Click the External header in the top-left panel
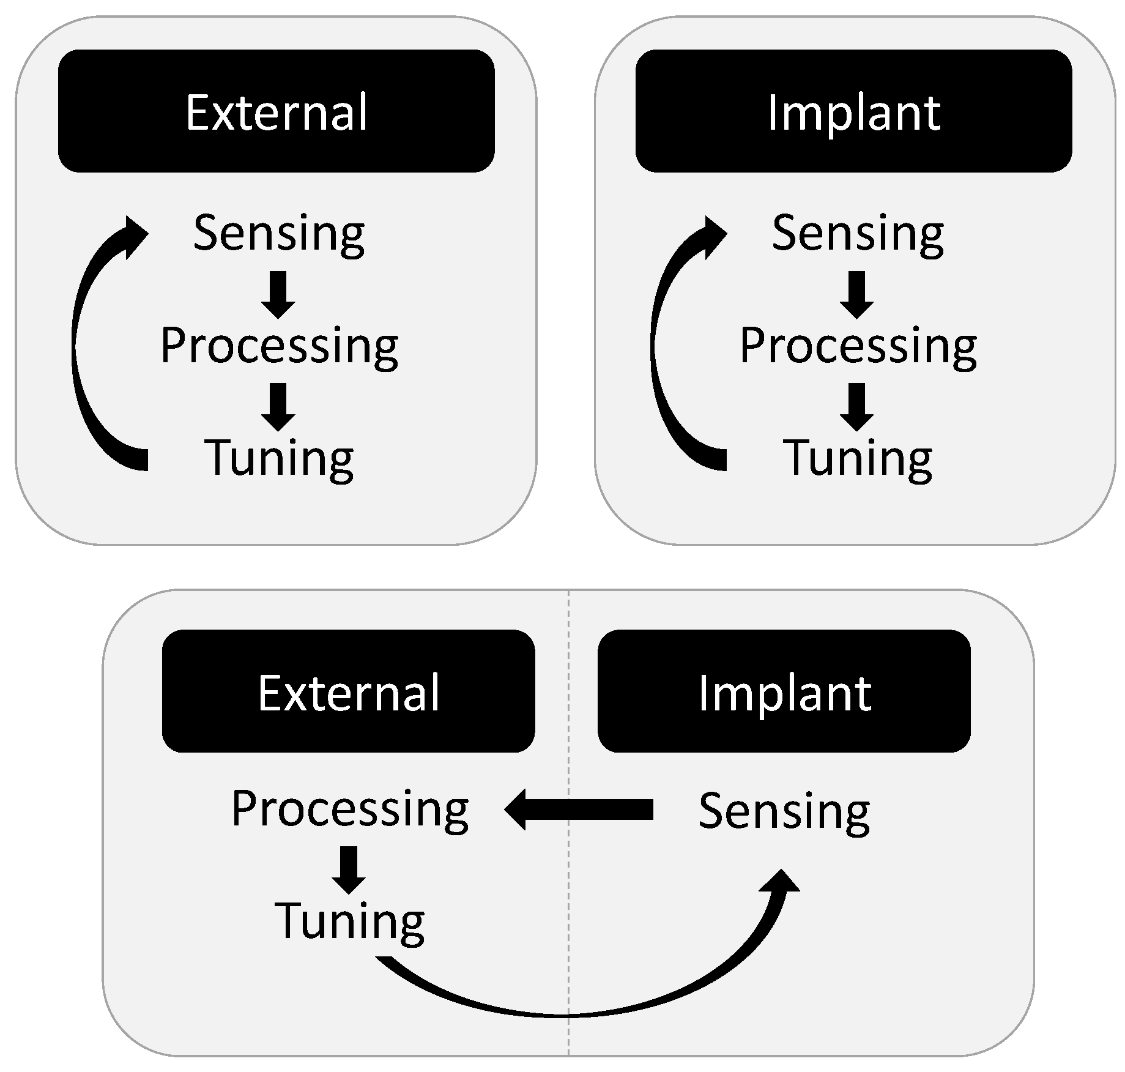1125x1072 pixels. (276, 111)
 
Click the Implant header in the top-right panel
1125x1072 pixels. (853, 111)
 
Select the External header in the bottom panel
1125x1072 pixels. (348, 691)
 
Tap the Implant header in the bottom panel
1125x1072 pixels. (784, 691)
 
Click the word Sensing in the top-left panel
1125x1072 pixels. (279, 234)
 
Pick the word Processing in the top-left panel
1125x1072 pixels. (279, 346)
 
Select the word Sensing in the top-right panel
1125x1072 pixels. (858, 234)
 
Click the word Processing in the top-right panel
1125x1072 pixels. (858, 346)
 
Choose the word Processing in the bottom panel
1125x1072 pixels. (350, 810)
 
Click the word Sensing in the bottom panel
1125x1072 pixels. (784, 811)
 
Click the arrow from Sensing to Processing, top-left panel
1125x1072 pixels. (278, 295)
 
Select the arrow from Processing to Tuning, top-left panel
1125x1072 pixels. (278, 407)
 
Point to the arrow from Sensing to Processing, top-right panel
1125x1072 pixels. (856, 295)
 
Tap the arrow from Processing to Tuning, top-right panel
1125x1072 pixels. (856, 407)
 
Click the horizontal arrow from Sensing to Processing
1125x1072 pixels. (578, 810)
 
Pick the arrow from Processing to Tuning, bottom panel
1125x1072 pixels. (349, 869)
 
